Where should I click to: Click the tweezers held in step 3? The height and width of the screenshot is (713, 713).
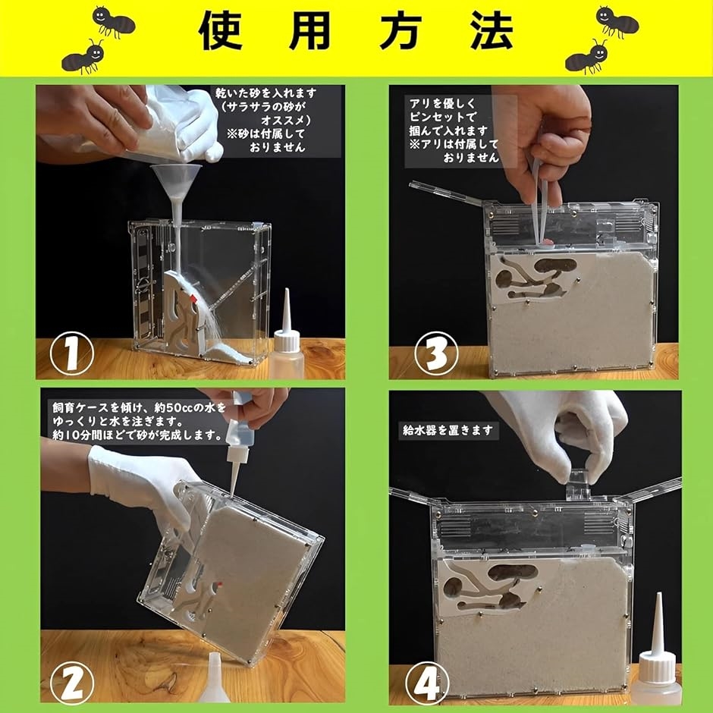click(540, 205)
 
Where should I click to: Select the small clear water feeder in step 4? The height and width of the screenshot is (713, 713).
click(578, 484)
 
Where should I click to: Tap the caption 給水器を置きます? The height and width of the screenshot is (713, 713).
click(449, 431)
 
